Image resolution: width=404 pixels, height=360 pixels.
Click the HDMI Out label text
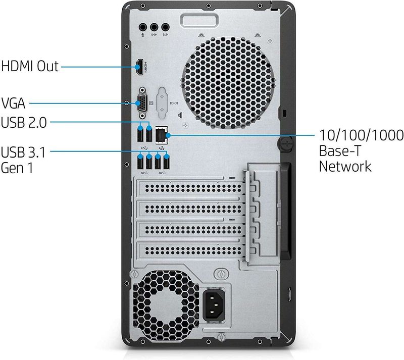(x=30, y=66)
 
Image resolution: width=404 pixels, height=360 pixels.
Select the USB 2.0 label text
(x=25, y=122)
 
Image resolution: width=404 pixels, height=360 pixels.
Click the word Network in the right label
(x=345, y=166)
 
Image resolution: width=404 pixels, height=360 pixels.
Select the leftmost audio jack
(x=144, y=27)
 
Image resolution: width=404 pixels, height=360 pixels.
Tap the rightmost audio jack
(x=166, y=27)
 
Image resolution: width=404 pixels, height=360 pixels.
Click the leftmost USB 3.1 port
(x=140, y=162)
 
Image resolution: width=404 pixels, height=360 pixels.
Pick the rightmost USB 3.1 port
(x=167, y=162)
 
